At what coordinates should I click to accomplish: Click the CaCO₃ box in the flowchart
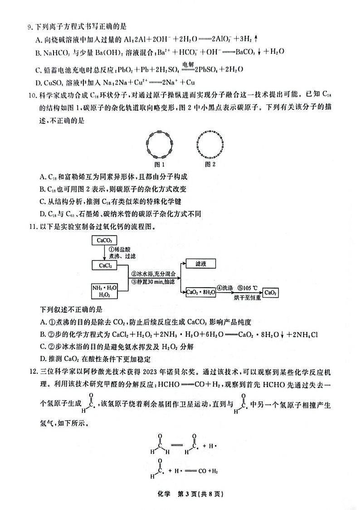[x=104, y=240]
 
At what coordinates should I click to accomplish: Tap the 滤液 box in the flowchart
[x=200, y=264]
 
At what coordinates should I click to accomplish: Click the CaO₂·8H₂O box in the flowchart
[x=200, y=293]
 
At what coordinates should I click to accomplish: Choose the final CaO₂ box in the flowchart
[x=271, y=293]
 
